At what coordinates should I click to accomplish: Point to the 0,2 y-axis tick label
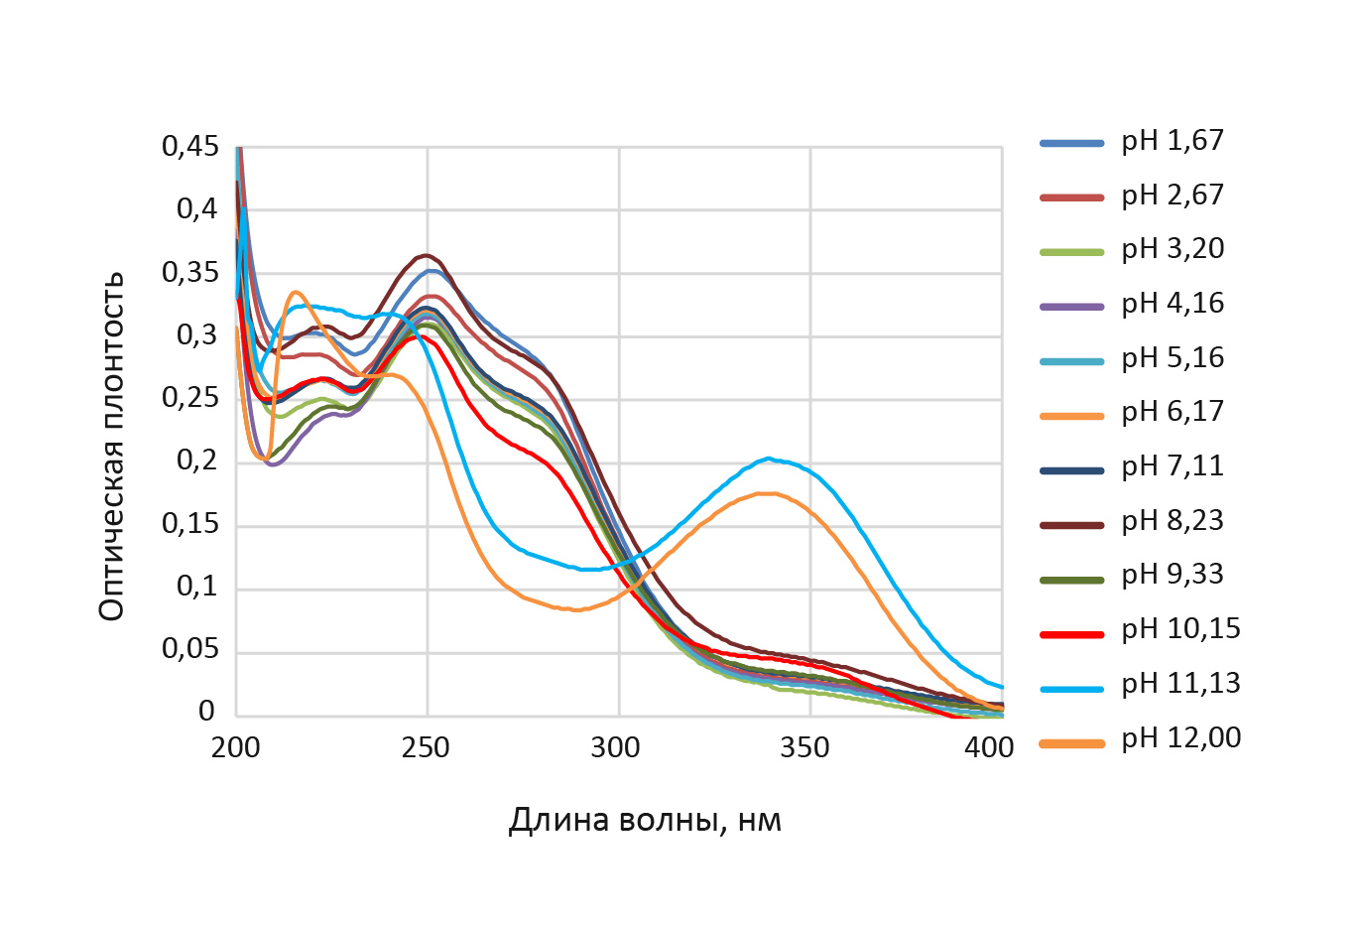pos(196,462)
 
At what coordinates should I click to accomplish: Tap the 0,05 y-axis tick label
pos(189,650)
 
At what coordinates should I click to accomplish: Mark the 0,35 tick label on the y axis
pos(189,273)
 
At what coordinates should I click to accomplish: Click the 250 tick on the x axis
pos(427,747)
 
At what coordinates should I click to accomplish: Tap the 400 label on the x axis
pos(989,747)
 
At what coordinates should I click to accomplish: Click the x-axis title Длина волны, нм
pos(645,821)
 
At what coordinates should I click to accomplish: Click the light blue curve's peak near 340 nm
pos(769,459)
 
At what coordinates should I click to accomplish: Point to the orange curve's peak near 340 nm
pos(765,493)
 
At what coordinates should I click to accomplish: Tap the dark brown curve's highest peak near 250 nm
pos(426,255)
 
